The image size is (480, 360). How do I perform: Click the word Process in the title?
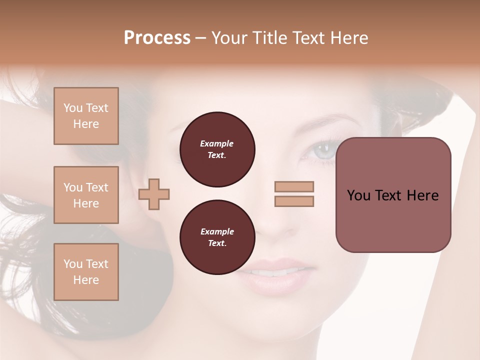(157, 38)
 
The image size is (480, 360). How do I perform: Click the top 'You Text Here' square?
(86, 116)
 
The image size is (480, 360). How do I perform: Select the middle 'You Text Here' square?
(86, 195)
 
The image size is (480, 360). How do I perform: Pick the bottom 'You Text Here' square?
(86, 272)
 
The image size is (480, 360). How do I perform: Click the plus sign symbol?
(154, 194)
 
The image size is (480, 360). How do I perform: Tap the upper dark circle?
(217, 149)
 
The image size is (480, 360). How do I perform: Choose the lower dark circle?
(217, 237)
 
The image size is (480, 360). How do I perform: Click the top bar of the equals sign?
(294, 186)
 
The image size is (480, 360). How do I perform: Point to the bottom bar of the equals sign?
(294, 201)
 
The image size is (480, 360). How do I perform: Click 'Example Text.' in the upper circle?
(217, 149)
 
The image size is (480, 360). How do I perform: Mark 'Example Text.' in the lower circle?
(217, 237)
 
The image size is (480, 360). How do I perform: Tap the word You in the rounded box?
(358, 195)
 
